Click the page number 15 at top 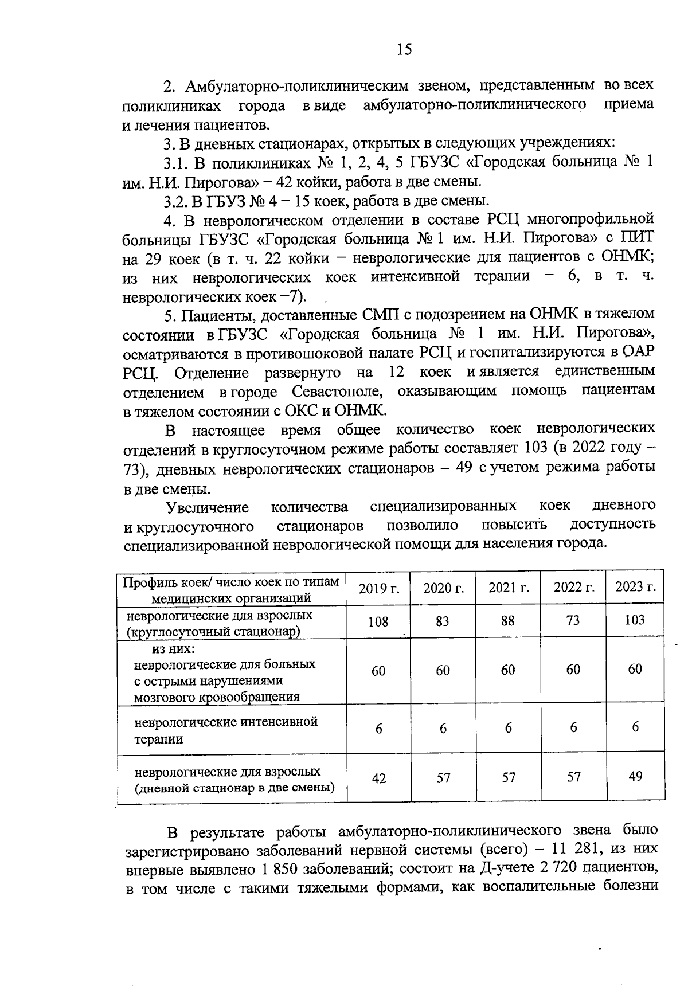coord(404,49)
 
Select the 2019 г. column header coord(378,588)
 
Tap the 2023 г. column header coord(635,587)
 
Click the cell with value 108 coord(378,621)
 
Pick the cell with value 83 coord(443,621)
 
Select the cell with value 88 coord(507,621)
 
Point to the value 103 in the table coord(635,620)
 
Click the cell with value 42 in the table coord(379,778)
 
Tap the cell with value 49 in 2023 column coord(635,777)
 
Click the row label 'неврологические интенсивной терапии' coord(226,730)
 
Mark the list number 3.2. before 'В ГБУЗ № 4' coord(176,201)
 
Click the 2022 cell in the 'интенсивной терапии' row coord(573,727)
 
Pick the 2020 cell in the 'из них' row coord(443,671)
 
